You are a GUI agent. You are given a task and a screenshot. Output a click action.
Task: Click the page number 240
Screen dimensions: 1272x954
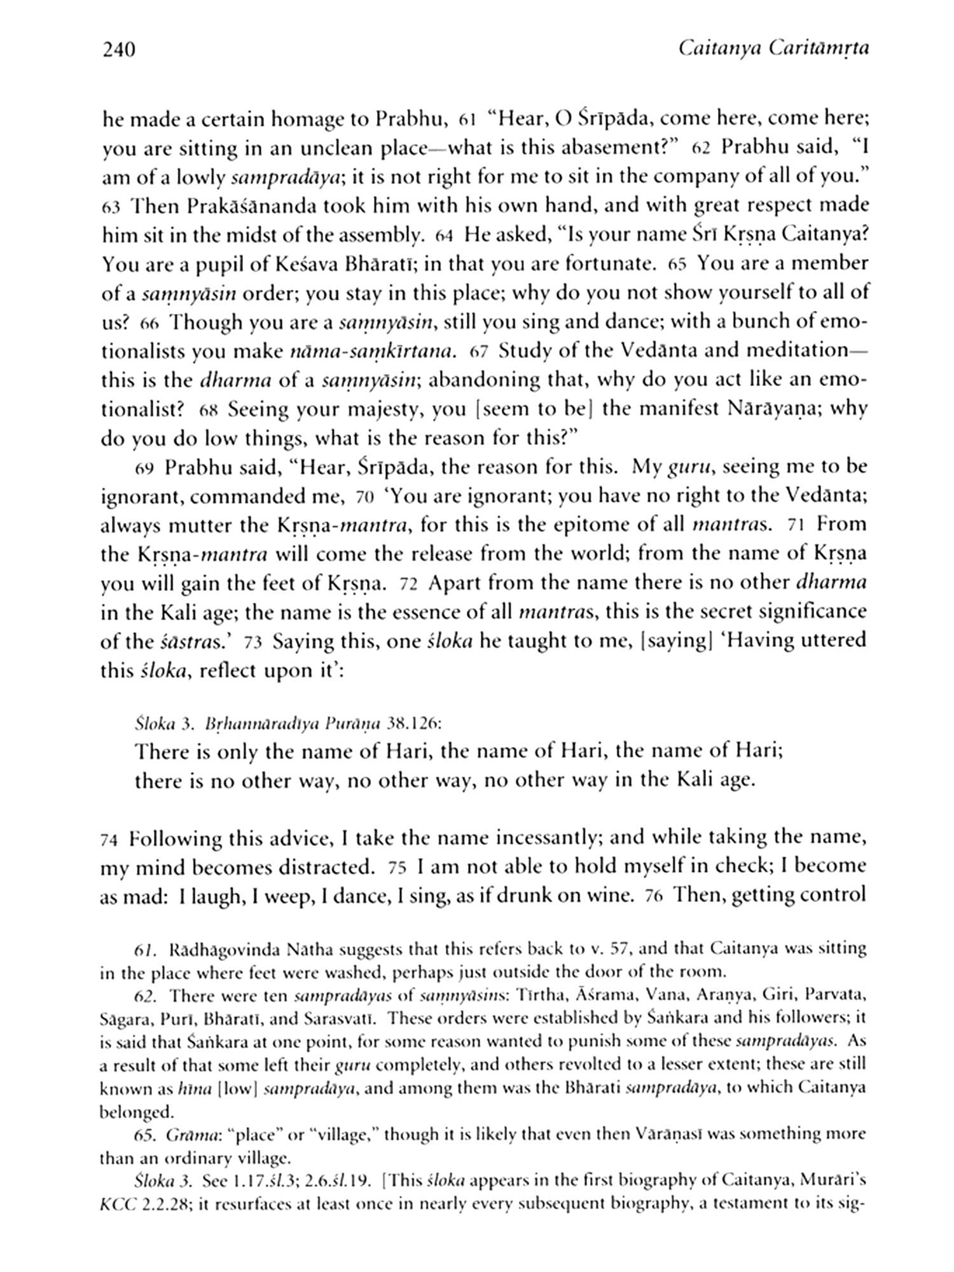(119, 49)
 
